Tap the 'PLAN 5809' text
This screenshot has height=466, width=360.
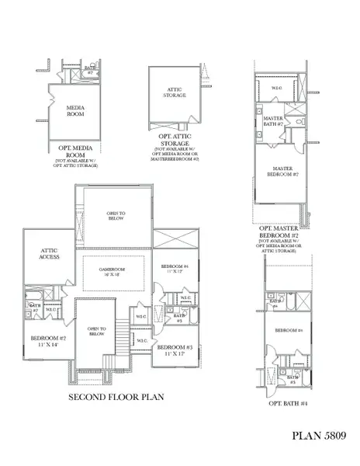click(x=324, y=435)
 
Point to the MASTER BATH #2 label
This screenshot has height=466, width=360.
click(x=272, y=121)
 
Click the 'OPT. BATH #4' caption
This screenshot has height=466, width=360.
click(x=288, y=403)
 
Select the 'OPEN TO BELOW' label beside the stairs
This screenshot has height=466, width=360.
click(x=96, y=331)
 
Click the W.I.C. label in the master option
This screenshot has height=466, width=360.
click(x=277, y=89)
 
